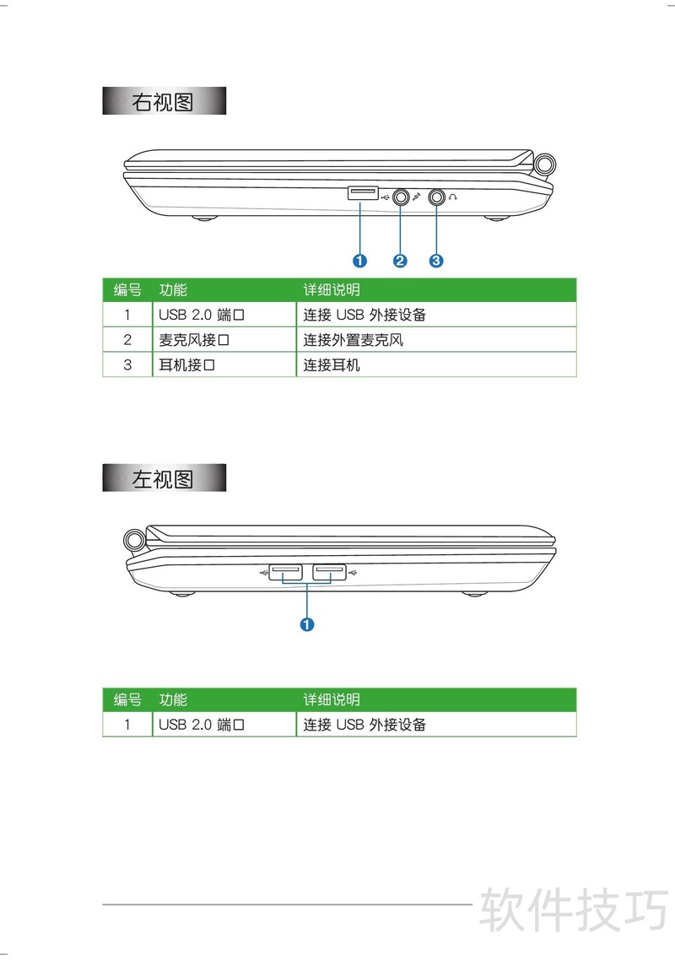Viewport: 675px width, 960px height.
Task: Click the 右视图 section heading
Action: click(164, 101)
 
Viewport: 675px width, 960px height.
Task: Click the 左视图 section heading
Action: click(164, 478)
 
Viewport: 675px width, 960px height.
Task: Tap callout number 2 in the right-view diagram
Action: click(400, 261)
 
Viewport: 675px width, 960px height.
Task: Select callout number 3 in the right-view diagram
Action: click(435, 261)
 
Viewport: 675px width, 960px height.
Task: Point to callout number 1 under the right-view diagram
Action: click(359, 261)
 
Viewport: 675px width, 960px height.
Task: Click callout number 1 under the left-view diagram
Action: click(307, 624)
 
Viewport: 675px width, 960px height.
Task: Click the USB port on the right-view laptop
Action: click(363, 193)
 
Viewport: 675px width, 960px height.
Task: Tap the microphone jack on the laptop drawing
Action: click(401, 197)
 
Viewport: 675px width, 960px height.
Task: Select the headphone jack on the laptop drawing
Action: click(437, 197)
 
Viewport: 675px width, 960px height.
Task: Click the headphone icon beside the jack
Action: click(453, 197)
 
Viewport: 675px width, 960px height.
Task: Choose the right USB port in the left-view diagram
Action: click(330, 572)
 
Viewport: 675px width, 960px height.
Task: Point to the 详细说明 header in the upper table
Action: click(332, 289)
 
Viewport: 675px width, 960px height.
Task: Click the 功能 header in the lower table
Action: click(173, 699)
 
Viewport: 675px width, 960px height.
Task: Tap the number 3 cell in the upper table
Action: click(127, 365)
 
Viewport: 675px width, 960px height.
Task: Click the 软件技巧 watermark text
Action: click(574, 909)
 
